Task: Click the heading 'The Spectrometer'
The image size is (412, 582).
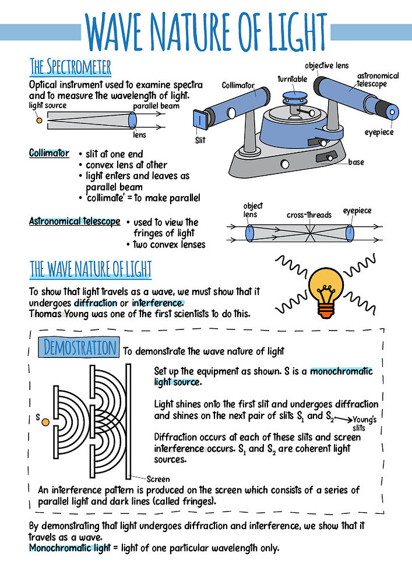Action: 71,65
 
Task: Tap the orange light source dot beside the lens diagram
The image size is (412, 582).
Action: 39,120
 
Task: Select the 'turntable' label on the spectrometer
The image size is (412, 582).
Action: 292,79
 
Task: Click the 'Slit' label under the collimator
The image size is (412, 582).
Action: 200,140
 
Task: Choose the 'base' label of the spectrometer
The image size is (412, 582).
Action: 356,162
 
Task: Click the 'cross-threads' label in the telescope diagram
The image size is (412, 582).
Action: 309,215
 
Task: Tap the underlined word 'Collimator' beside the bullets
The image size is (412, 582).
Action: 49,153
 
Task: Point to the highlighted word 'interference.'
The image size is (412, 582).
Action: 158,303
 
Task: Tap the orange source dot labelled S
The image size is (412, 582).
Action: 45,420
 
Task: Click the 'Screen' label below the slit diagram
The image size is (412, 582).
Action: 158,479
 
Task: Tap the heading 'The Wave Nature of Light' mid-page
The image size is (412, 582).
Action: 90,269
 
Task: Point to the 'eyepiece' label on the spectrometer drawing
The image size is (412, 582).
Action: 379,132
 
